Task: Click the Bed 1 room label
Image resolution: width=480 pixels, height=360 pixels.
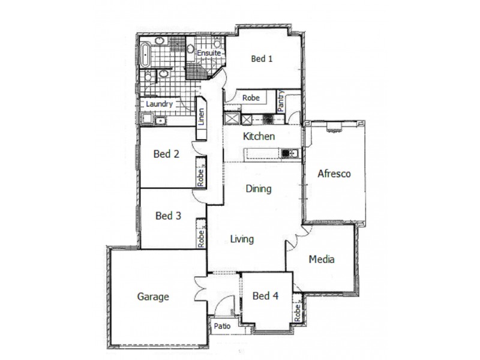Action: [x=262, y=59]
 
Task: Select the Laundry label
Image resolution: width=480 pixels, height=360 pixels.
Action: [x=160, y=104]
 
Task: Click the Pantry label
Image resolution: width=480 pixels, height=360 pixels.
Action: [x=280, y=101]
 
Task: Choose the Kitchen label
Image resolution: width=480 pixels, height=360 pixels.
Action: [x=259, y=136]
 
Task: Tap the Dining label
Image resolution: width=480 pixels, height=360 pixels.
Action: [x=259, y=188]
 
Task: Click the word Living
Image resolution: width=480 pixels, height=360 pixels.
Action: [x=242, y=239]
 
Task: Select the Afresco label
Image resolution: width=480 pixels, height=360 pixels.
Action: [x=334, y=174]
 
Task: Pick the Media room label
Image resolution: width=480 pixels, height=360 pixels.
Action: [x=321, y=260]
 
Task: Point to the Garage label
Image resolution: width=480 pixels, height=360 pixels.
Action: [x=153, y=296]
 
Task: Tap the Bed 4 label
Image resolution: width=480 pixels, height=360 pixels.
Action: [x=265, y=296]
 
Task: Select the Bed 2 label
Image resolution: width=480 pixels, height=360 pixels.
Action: [x=166, y=154]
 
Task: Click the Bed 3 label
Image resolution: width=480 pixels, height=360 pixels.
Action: [x=168, y=215]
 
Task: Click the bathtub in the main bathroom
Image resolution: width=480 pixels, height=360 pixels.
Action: [x=145, y=56]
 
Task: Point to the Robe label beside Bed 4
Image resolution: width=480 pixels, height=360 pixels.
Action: [x=297, y=312]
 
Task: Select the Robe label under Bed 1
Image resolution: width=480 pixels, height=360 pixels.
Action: [x=251, y=98]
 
